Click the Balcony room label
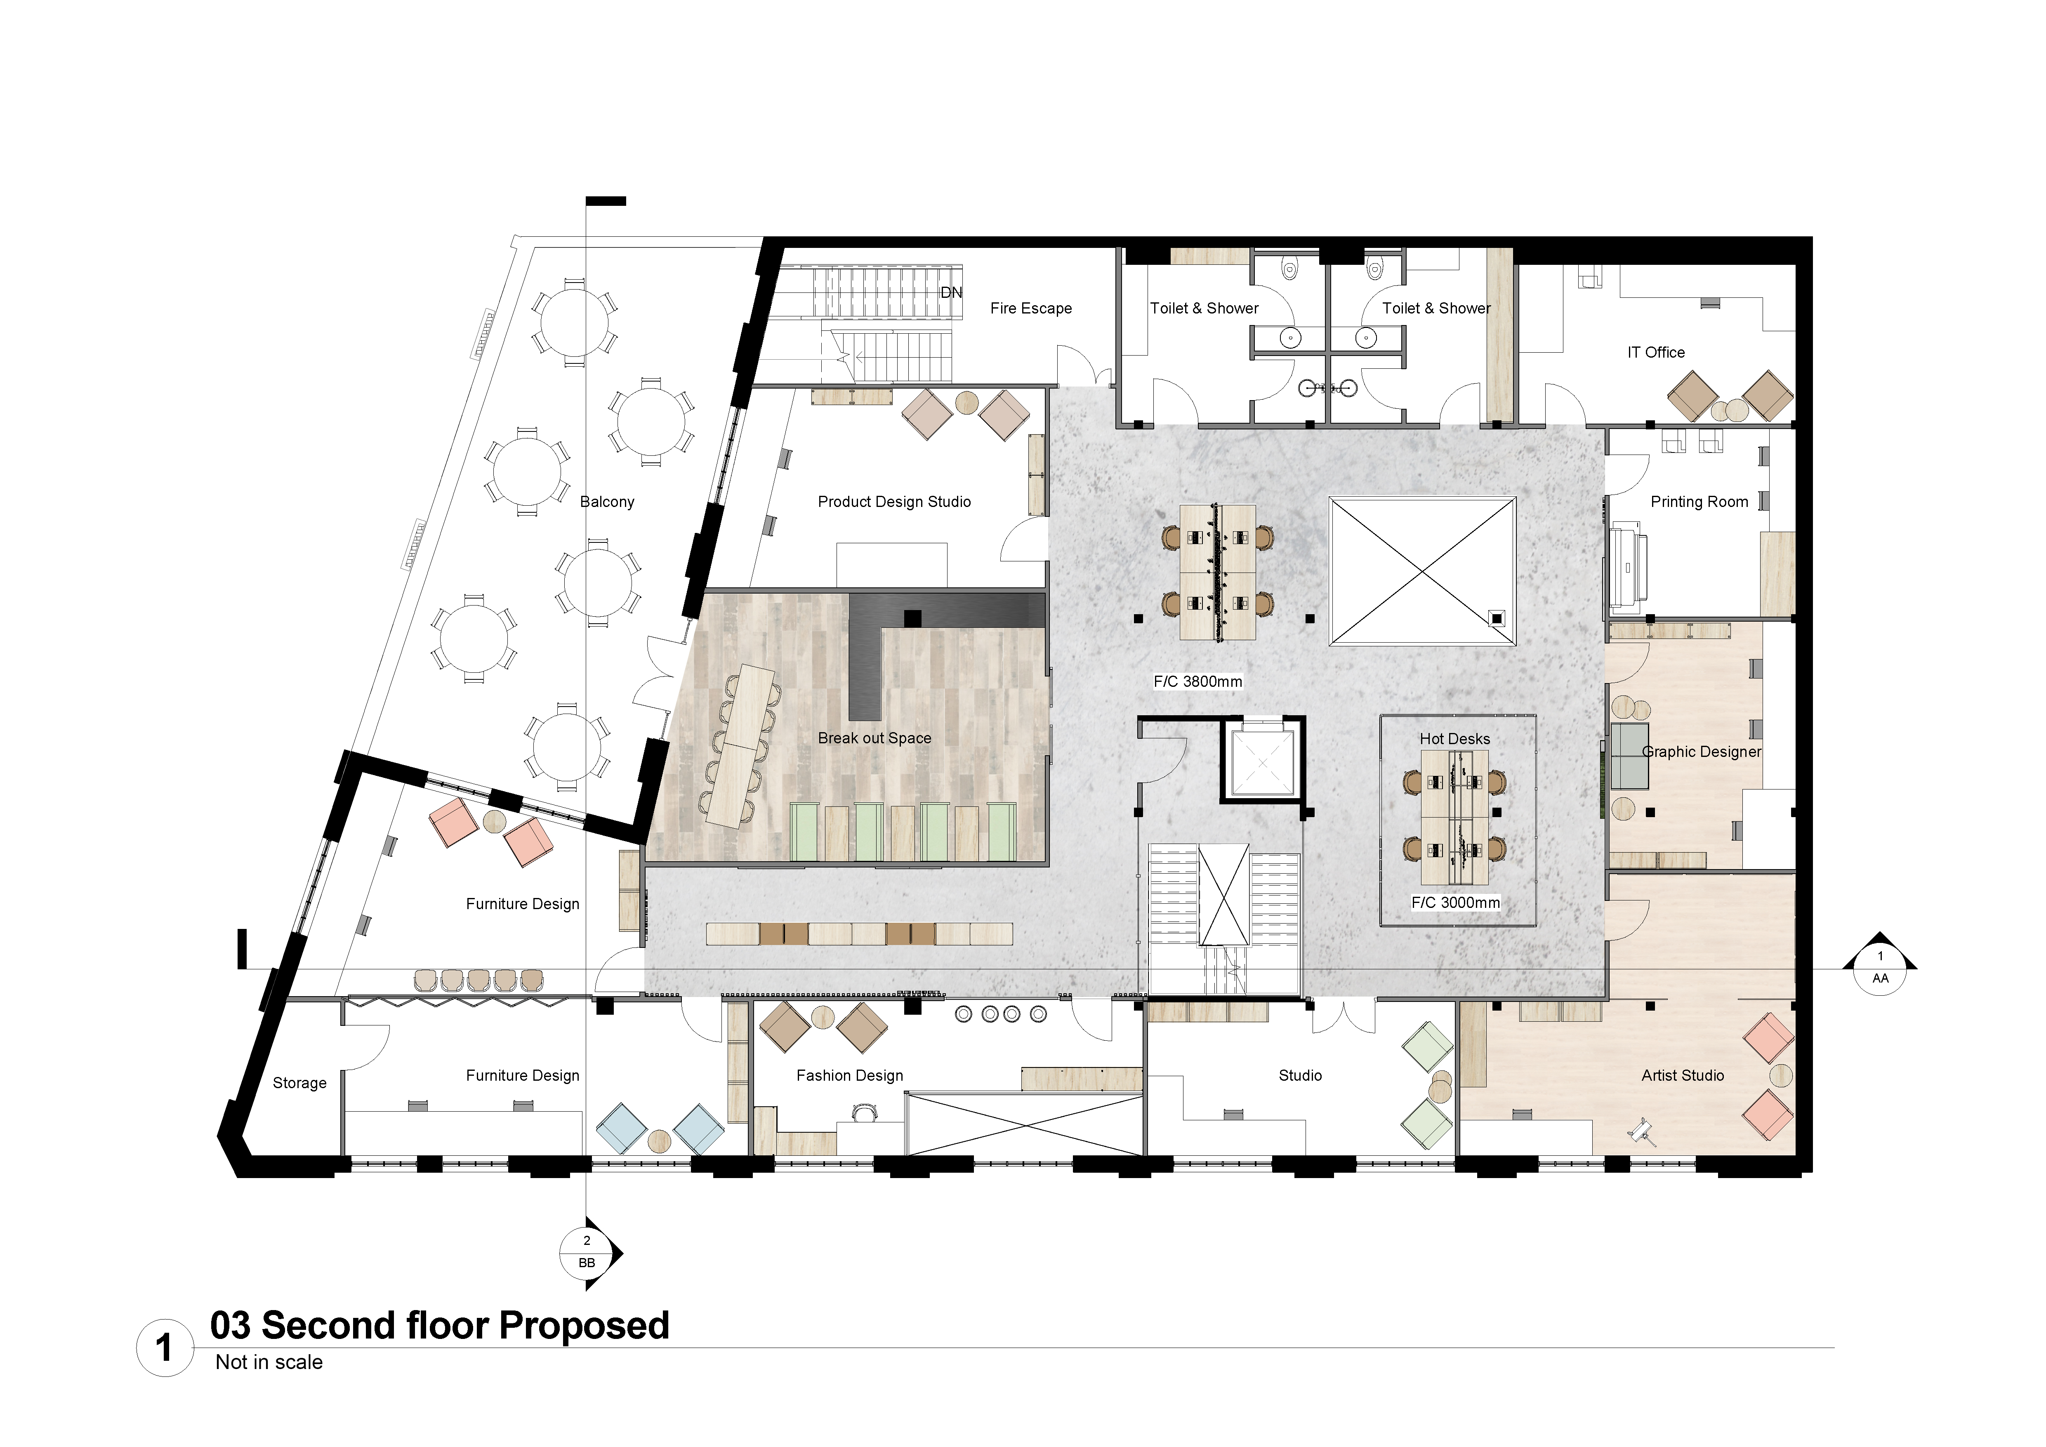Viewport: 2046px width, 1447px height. pyautogui.click(x=607, y=502)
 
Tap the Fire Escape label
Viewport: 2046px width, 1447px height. pyautogui.click(x=1031, y=308)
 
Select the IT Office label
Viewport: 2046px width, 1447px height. pyautogui.click(x=1656, y=352)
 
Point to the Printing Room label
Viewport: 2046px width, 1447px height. pyautogui.click(x=1699, y=502)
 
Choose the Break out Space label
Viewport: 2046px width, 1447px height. pyautogui.click(x=874, y=738)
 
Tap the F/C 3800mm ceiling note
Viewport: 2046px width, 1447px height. pyautogui.click(x=1197, y=681)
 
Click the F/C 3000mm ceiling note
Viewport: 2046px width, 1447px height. pyautogui.click(x=1455, y=903)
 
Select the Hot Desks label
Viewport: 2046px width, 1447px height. pyautogui.click(x=1454, y=739)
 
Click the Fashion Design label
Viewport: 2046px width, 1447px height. pyautogui.click(x=849, y=1075)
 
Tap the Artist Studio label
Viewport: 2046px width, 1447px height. pyautogui.click(x=1683, y=1075)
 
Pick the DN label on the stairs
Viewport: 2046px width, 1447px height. pyautogui.click(x=952, y=292)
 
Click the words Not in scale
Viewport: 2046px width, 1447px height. pyautogui.click(x=269, y=1362)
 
